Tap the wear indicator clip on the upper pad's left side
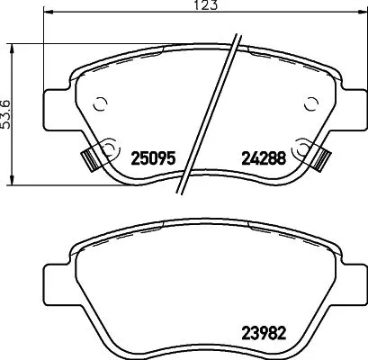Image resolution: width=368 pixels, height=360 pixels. [90, 157]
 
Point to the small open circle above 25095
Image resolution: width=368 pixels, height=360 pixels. [101, 102]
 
